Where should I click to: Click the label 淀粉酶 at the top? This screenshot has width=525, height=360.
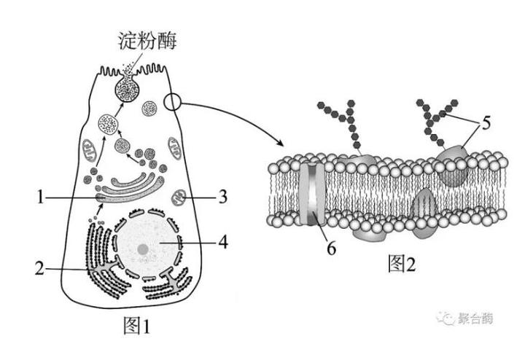pos(147,41)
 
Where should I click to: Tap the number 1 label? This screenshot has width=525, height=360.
pos(40,197)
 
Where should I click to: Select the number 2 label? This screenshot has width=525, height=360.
pos(39,268)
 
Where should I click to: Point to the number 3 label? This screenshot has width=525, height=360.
pos(223,197)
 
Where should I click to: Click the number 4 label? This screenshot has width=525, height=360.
pos(223,242)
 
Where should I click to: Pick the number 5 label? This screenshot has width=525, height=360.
pos(486,122)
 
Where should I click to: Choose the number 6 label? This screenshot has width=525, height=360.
pos(331,249)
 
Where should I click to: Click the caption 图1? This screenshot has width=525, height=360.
pos(136,326)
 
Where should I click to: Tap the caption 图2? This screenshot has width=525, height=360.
pos(402,264)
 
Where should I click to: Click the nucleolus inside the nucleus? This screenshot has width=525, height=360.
pos(143,249)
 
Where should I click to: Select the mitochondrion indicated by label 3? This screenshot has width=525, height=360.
pos(179,197)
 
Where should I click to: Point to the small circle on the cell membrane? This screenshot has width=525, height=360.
pos(172,102)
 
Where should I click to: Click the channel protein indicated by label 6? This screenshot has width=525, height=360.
pos(312,194)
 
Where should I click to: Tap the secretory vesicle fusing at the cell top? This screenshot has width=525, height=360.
pos(127,87)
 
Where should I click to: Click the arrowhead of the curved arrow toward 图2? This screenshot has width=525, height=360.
pos(281,143)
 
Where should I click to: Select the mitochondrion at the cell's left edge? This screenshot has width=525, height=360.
pos(90,149)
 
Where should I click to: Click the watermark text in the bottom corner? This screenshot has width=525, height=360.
pos(465,318)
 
